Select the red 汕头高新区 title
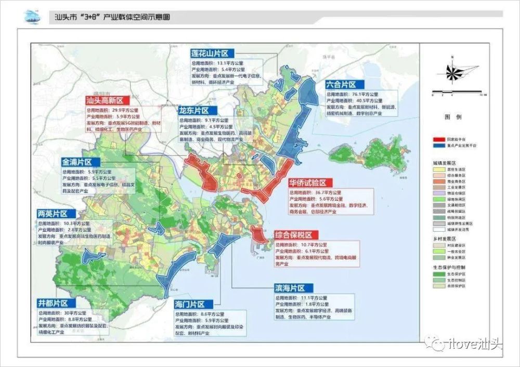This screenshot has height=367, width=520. [107, 100]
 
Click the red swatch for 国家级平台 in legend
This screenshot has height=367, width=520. [440, 140]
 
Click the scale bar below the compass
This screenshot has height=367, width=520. [458, 93]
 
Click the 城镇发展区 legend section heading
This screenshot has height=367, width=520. [441, 162]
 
